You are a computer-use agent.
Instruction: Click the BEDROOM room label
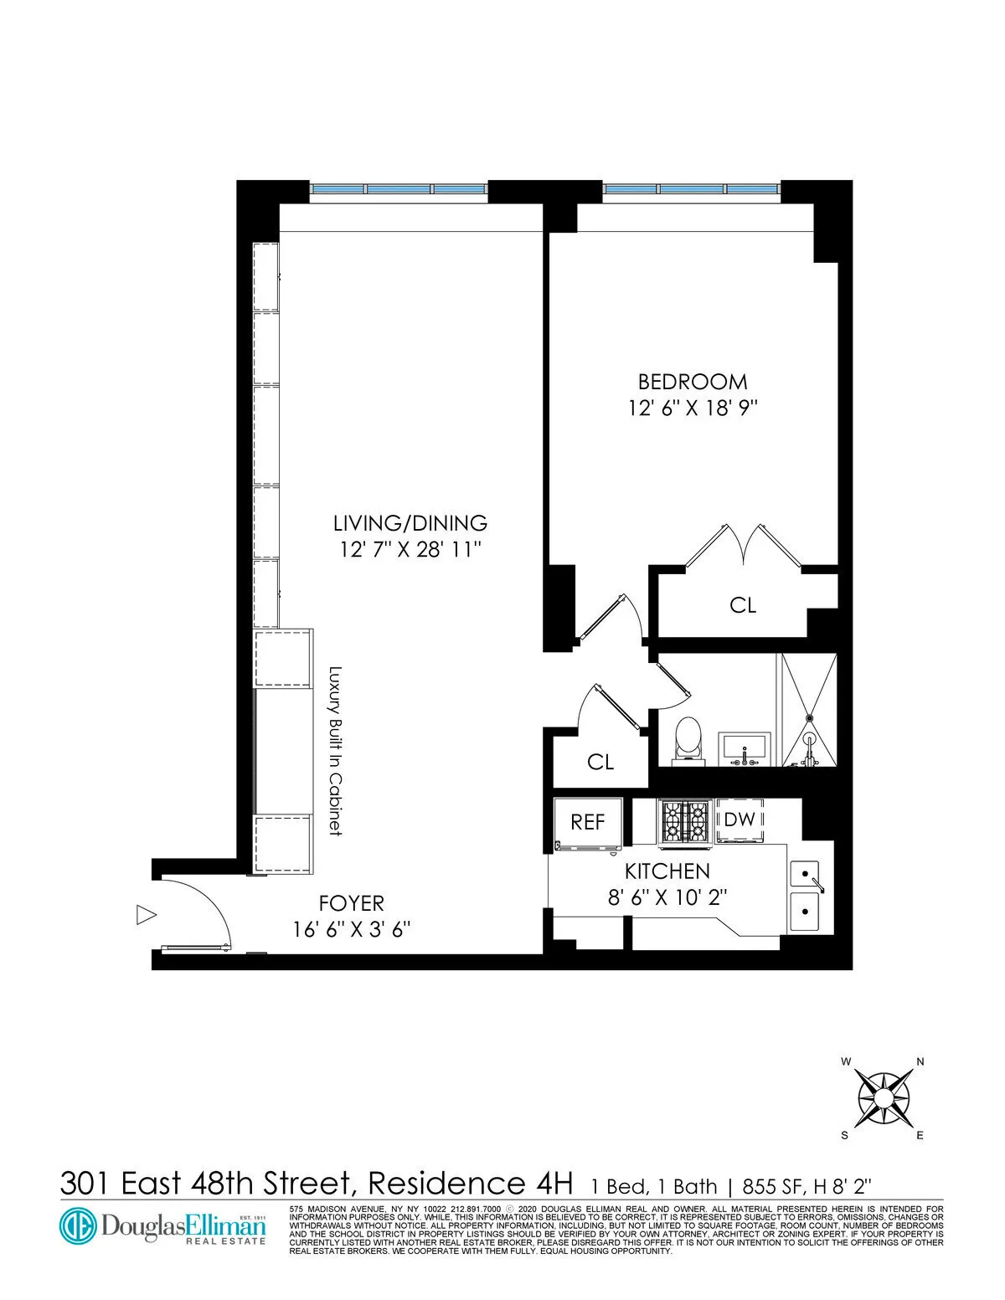[693, 382]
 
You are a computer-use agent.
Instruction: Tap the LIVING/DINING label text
[410, 523]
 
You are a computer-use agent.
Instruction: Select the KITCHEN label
[667, 871]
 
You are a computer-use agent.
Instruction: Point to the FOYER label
[352, 904]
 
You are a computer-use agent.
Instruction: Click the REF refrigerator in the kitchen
[588, 822]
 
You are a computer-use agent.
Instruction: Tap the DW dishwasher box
[740, 820]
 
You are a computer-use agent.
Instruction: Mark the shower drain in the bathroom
[810, 717]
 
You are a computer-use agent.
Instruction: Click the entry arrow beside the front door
[147, 915]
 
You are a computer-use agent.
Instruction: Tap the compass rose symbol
[884, 1098]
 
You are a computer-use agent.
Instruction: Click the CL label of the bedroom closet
[743, 604]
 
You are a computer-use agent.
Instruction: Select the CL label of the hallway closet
[600, 762]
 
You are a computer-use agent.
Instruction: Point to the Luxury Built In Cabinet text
[335, 750]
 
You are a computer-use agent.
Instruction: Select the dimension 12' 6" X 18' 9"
[693, 409]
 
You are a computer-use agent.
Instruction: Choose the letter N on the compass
[920, 1061]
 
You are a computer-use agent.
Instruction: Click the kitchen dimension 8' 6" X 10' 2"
[667, 897]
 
